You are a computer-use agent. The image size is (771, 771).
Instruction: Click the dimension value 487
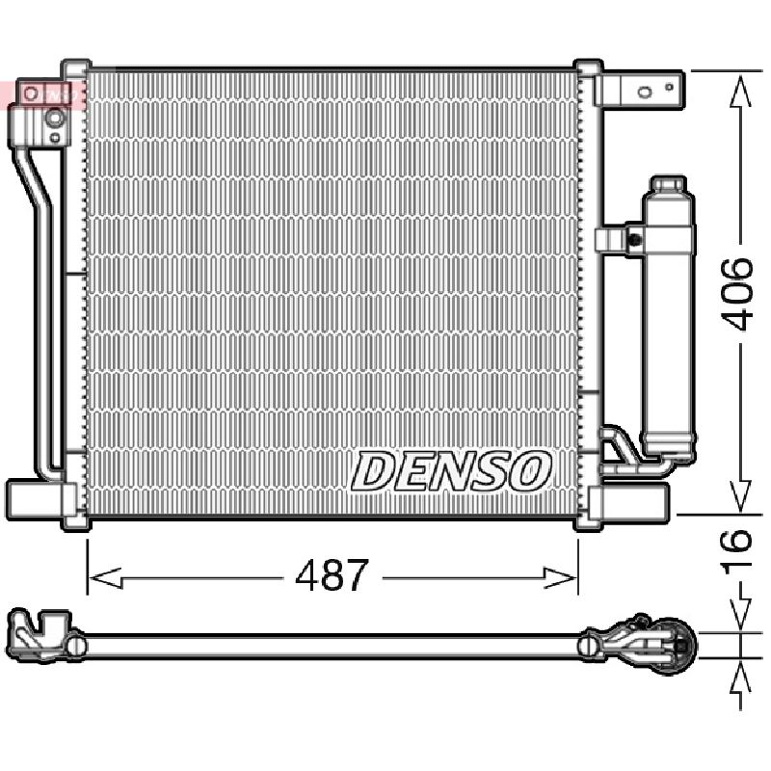point(332,575)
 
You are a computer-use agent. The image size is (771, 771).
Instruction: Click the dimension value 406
point(736,294)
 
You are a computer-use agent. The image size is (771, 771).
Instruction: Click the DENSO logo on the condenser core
point(450,471)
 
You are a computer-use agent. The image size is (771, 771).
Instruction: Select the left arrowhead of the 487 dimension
point(105,577)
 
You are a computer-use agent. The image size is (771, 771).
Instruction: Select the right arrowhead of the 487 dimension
point(560,577)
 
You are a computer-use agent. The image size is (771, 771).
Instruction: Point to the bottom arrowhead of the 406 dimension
point(740,495)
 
